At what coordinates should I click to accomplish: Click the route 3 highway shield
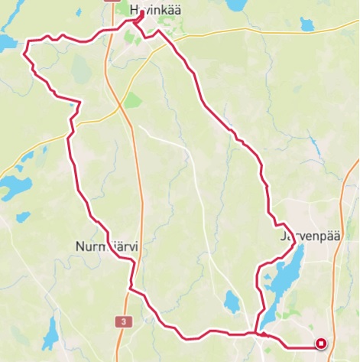pos(123,322)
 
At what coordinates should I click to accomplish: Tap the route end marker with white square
pos(322,344)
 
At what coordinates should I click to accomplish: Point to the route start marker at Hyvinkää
pos(142,14)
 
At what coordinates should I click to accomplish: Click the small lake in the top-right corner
pos(307,24)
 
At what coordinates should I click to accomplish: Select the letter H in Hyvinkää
pos(135,10)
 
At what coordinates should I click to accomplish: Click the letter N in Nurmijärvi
pos(81,246)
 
